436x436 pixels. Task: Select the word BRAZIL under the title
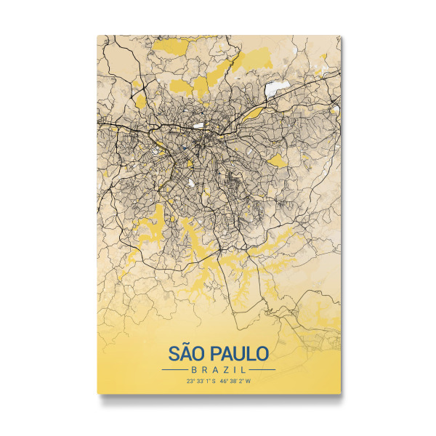[x=219, y=370]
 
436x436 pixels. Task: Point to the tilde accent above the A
[x=186, y=345]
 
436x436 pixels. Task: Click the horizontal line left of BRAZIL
[x=175, y=370]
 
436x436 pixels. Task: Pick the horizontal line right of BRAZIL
[x=262, y=370]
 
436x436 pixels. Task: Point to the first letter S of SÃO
[x=174, y=355]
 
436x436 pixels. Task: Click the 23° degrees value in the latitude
[x=190, y=380]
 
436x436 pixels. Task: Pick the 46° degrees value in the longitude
[x=224, y=380]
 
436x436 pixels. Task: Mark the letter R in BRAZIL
[x=201, y=370]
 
